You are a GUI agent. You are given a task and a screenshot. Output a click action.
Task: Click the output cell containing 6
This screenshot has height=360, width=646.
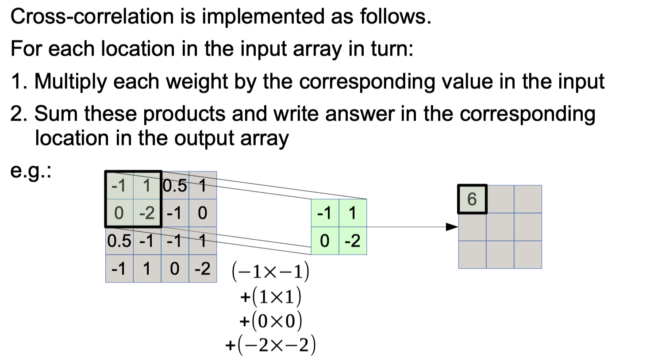coord(472,199)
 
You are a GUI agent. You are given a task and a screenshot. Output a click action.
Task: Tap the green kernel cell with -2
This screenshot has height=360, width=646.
coord(353,241)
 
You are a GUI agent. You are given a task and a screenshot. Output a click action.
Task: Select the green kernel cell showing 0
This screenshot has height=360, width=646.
coord(325,241)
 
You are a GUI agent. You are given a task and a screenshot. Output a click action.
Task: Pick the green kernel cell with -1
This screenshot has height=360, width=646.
coord(325,213)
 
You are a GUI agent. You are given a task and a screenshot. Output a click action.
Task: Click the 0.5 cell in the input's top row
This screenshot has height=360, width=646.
coord(175,186)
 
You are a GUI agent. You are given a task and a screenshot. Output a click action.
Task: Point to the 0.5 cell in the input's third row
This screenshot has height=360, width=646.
coord(119,241)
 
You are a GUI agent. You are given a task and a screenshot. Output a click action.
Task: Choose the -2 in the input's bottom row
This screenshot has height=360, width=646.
coord(203,269)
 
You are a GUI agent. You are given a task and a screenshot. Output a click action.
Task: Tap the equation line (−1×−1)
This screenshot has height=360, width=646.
coord(271,272)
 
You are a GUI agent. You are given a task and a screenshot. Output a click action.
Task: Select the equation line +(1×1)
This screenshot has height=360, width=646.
coord(271,296)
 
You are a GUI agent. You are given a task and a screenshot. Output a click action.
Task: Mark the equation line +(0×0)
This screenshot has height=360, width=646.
coord(271,320)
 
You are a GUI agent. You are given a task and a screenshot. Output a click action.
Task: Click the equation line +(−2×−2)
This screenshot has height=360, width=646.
coord(271,345)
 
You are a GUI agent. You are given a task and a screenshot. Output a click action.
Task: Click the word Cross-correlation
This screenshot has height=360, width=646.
coord(92,17)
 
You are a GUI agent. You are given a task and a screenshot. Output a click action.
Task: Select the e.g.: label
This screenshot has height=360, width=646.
coord(31,171)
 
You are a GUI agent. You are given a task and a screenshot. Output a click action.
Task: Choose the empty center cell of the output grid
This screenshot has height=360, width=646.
coord(500,227)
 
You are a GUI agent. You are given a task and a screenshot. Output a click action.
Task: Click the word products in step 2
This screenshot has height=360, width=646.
coord(185,114)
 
